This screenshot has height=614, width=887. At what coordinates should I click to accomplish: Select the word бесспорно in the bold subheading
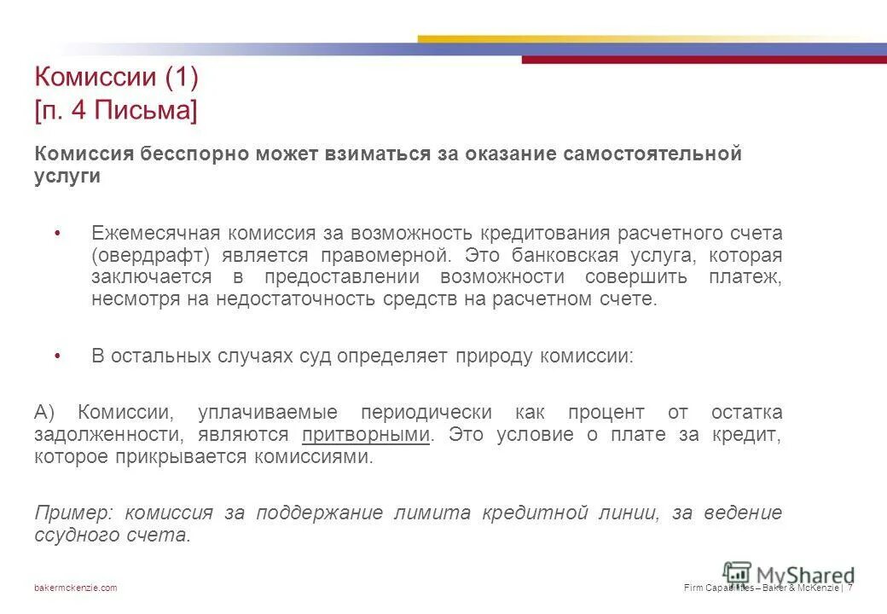tap(204, 153)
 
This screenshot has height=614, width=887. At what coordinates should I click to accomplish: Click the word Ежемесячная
tap(156, 233)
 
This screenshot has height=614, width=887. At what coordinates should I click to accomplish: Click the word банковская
tap(567, 255)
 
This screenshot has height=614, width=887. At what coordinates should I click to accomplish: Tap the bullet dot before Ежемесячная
tap(57, 233)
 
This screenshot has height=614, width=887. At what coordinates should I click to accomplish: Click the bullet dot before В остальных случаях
tap(57, 356)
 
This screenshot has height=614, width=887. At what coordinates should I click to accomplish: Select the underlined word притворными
tap(365, 434)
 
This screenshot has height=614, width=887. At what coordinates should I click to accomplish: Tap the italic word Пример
tap(72, 513)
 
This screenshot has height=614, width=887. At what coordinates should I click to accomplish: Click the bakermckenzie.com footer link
tap(76, 588)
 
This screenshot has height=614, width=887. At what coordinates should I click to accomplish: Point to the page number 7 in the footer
tap(850, 588)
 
